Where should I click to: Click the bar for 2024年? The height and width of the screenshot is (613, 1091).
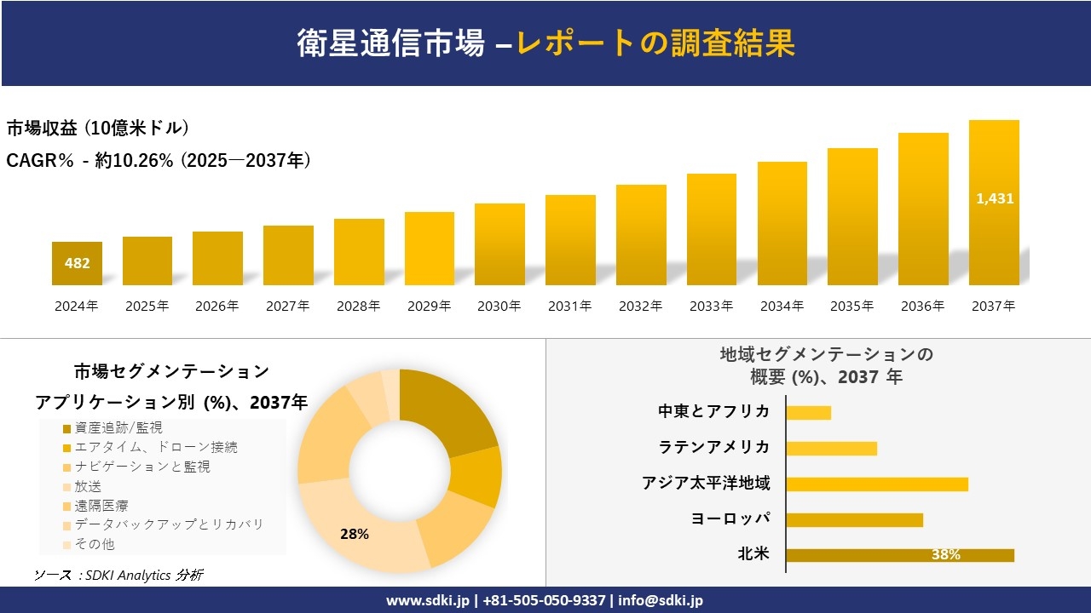tap(77, 264)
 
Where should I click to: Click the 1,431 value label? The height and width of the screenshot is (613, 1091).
tap(994, 198)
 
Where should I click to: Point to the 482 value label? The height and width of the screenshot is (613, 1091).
tap(77, 263)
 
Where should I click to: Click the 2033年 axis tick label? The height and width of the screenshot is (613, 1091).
tap(711, 306)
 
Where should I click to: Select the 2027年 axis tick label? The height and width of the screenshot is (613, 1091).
tap(287, 306)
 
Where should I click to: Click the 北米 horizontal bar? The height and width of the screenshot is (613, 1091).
tap(899, 555)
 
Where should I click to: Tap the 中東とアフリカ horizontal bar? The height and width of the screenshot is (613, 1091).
tap(808, 413)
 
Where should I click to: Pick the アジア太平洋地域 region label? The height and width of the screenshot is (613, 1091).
tap(706, 484)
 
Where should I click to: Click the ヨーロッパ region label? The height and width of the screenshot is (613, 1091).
tap(730, 518)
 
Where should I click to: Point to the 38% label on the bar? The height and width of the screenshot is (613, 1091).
tap(945, 555)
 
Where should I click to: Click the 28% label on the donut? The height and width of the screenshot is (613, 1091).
tap(354, 534)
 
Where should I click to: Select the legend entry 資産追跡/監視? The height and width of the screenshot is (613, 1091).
tap(118, 427)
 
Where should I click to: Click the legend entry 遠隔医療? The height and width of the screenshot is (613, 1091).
tap(101, 506)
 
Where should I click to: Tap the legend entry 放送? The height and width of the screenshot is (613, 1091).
tap(88, 486)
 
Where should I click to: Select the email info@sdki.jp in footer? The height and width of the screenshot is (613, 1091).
tap(661, 600)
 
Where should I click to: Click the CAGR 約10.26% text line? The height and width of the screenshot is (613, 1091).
tap(159, 160)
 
